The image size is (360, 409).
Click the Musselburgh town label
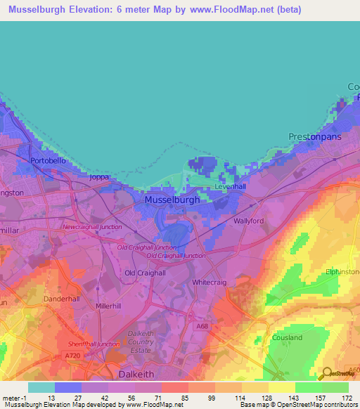click(x=172, y=200)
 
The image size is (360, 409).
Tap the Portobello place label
click(x=48, y=161)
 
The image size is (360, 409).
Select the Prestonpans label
click(x=314, y=136)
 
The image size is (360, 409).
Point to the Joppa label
click(x=99, y=177)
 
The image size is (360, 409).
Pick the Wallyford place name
click(x=248, y=221)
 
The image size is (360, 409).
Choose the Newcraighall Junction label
click(x=91, y=227)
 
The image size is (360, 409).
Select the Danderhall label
click(x=63, y=299)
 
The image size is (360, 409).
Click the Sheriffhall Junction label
click(x=89, y=344)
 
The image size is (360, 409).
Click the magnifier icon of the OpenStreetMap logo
click(x=326, y=373)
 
